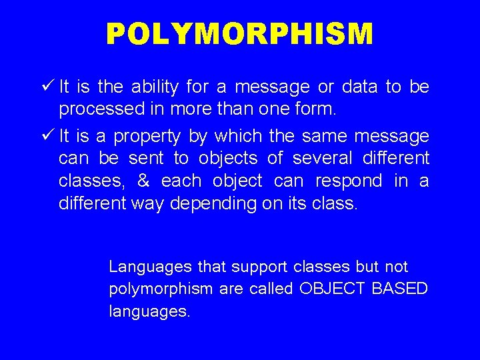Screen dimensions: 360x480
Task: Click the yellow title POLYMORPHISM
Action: pyautogui.click(x=240, y=33)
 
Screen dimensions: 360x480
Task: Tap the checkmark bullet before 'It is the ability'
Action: pyautogui.click(x=47, y=86)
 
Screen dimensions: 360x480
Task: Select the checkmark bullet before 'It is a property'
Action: pyautogui.click(x=47, y=135)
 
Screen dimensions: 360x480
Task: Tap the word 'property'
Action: pyautogui.click(x=147, y=137)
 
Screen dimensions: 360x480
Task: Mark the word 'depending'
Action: pyautogui.click(x=213, y=204)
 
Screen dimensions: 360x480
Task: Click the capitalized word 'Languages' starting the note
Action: pyautogui.click(x=151, y=267)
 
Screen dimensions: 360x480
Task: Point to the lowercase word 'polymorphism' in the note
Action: pyautogui.click(x=161, y=289)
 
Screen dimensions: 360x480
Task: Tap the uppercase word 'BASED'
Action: pyautogui.click(x=398, y=289)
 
